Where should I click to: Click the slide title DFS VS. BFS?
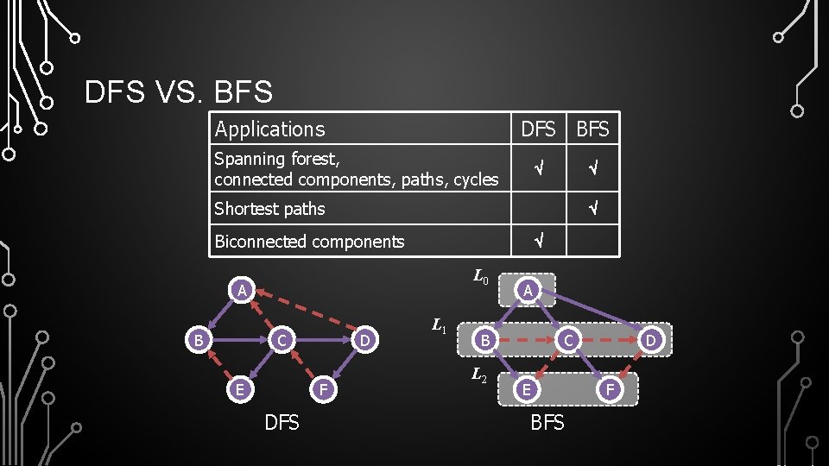pyautogui.click(x=179, y=91)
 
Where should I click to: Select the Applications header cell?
pyautogui.click(x=269, y=129)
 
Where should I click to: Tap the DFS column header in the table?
pyautogui.click(x=538, y=129)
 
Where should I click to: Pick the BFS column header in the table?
pyautogui.click(x=592, y=129)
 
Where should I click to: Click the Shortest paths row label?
pyautogui.click(x=269, y=209)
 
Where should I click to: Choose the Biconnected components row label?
pyautogui.click(x=309, y=242)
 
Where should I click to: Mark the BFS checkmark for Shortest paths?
pyautogui.click(x=592, y=208)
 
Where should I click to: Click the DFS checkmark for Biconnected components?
pyautogui.click(x=538, y=241)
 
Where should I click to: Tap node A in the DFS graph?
pyautogui.click(x=243, y=291)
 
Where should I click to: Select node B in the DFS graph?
pyautogui.click(x=199, y=341)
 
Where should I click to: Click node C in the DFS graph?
pyautogui.click(x=282, y=341)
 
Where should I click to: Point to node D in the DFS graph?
pyautogui.click(x=365, y=341)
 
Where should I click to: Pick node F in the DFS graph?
pyautogui.click(x=321, y=389)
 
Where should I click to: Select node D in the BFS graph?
pyautogui.click(x=652, y=341)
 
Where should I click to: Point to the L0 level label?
pyautogui.click(x=481, y=278)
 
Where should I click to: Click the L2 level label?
pyautogui.click(x=480, y=375)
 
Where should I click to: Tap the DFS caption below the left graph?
pyautogui.click(x=282, y=423)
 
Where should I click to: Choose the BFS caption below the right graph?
pyautogui.click(x=547, y=423)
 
